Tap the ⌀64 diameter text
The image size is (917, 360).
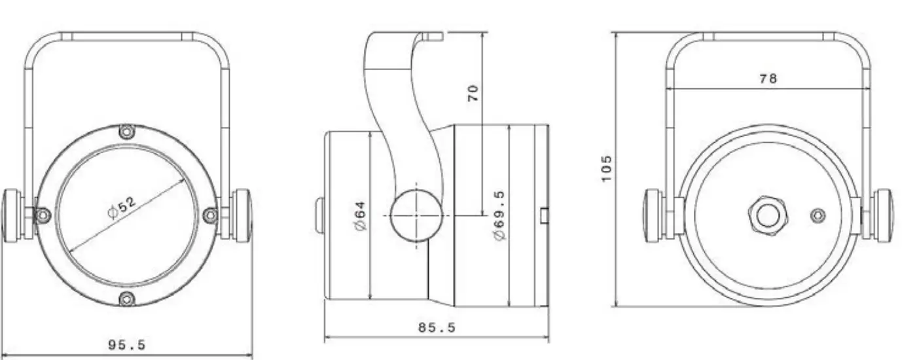point(359,214)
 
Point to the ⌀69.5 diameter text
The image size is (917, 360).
point(499,215)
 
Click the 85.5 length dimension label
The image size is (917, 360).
point(437,327)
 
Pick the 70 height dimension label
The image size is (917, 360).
point(473,92)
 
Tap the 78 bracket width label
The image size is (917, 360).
point(768,79)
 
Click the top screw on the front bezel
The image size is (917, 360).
point(127,132)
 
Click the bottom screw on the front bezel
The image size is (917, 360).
point(126,299)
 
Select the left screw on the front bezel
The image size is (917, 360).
point(43,215)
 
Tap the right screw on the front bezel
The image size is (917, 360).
point(210,215)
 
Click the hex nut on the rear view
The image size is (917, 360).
point(768,215)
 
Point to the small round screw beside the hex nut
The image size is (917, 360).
point(818,215)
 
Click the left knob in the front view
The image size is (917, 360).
point(12,215)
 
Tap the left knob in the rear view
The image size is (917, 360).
point(653,215)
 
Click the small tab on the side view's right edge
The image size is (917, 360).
point(544,215)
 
